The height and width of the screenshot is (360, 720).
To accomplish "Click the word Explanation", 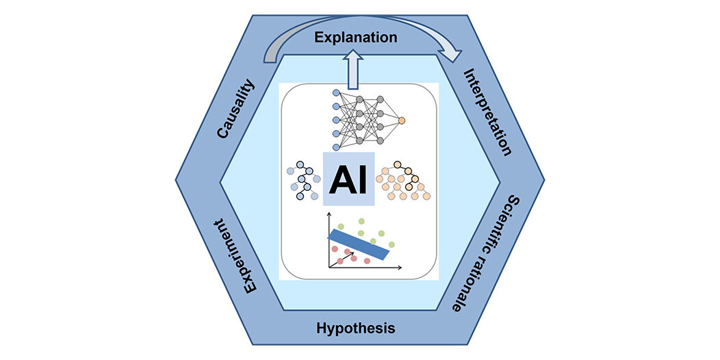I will (355, 37).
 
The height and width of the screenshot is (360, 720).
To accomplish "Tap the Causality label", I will (235, 110).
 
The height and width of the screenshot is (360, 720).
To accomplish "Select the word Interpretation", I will (487, 112).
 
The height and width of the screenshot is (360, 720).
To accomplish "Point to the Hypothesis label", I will (356, 328).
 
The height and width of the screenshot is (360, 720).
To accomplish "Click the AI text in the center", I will (348, 180).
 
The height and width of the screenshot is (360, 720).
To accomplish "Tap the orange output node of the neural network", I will (401, 120).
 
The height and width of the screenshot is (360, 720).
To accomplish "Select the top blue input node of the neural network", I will (336, 92).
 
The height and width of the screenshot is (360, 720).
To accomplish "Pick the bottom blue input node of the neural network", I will (336, 146).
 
